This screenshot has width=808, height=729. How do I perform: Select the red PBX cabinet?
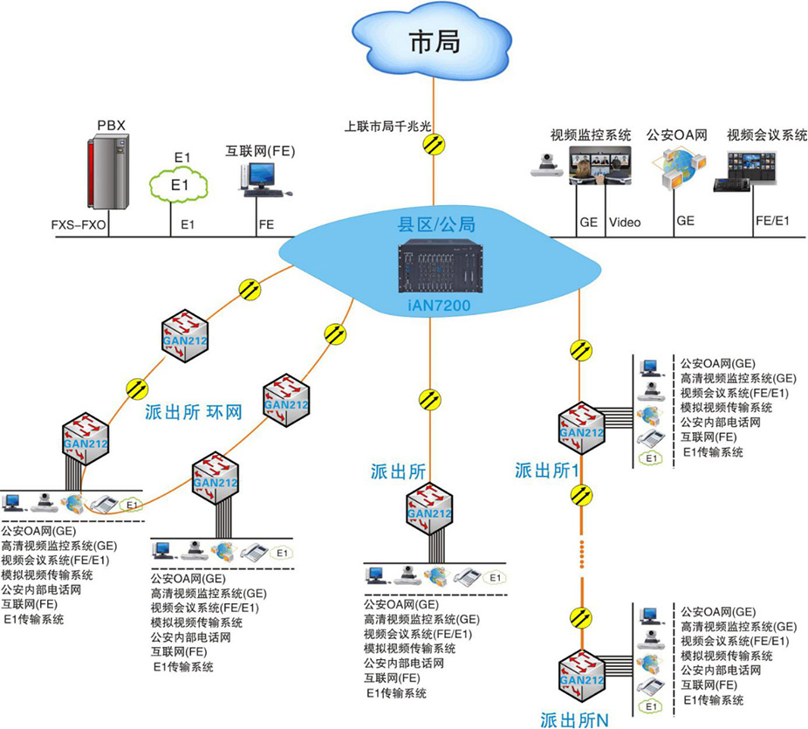[108, 172]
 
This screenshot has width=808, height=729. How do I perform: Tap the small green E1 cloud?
[179, 184]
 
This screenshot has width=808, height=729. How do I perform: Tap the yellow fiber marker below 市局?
[434, 145]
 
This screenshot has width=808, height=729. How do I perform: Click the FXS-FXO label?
[79, 224]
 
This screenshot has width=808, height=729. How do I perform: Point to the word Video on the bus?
[624, 223]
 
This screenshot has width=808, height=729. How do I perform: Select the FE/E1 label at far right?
[771, 222]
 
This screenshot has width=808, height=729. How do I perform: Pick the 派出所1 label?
[546, 471]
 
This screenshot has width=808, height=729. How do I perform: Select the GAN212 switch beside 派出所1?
[581, 428]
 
